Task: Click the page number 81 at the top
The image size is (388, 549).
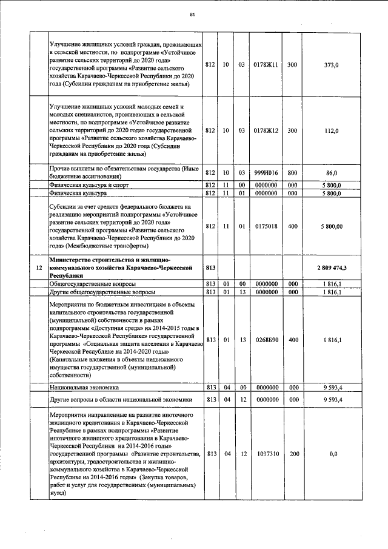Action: pos(192,14)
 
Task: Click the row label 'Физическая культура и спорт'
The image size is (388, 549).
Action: pos(90,184)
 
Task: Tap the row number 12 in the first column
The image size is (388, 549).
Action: pos(39,267)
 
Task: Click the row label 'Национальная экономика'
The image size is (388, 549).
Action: pos(84,386)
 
